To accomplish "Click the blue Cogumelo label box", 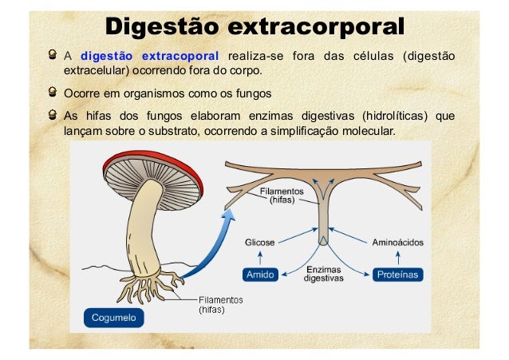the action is pyautogui.click(x=113, y=318).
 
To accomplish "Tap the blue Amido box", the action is pyautogui.click(x=260, y=275).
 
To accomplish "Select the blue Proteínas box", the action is pyautogui.click(x=397, y=275).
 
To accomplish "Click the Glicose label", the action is pyautogui.click(x=260, y=243).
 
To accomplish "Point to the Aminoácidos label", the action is pyautogui.click(x=397, y=243).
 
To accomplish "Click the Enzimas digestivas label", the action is pyautogui.click(x=324, y=274).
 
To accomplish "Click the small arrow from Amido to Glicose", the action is pyautogui.click(x=260, y=258).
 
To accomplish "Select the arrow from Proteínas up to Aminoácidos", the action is pyautogui.click(x=398, y=258).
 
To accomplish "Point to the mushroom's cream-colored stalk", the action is pyautogui.click(x=144, y=227).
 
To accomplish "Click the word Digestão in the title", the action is pyautogui.click(x=162, y=26).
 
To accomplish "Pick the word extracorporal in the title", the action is pyautogui.click(x=316, y=26).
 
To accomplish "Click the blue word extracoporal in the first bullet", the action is pyautogui.click(x=180, y=56).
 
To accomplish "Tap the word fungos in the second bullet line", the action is pyautogui.click(x=254, y=94).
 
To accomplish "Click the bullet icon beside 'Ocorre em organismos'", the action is pyautogui.click(x=53, y=92).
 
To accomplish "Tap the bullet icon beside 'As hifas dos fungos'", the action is pyautogui.click(x=53, y=115).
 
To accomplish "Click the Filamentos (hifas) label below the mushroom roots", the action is pyautogui.click(x=221, y=304).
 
